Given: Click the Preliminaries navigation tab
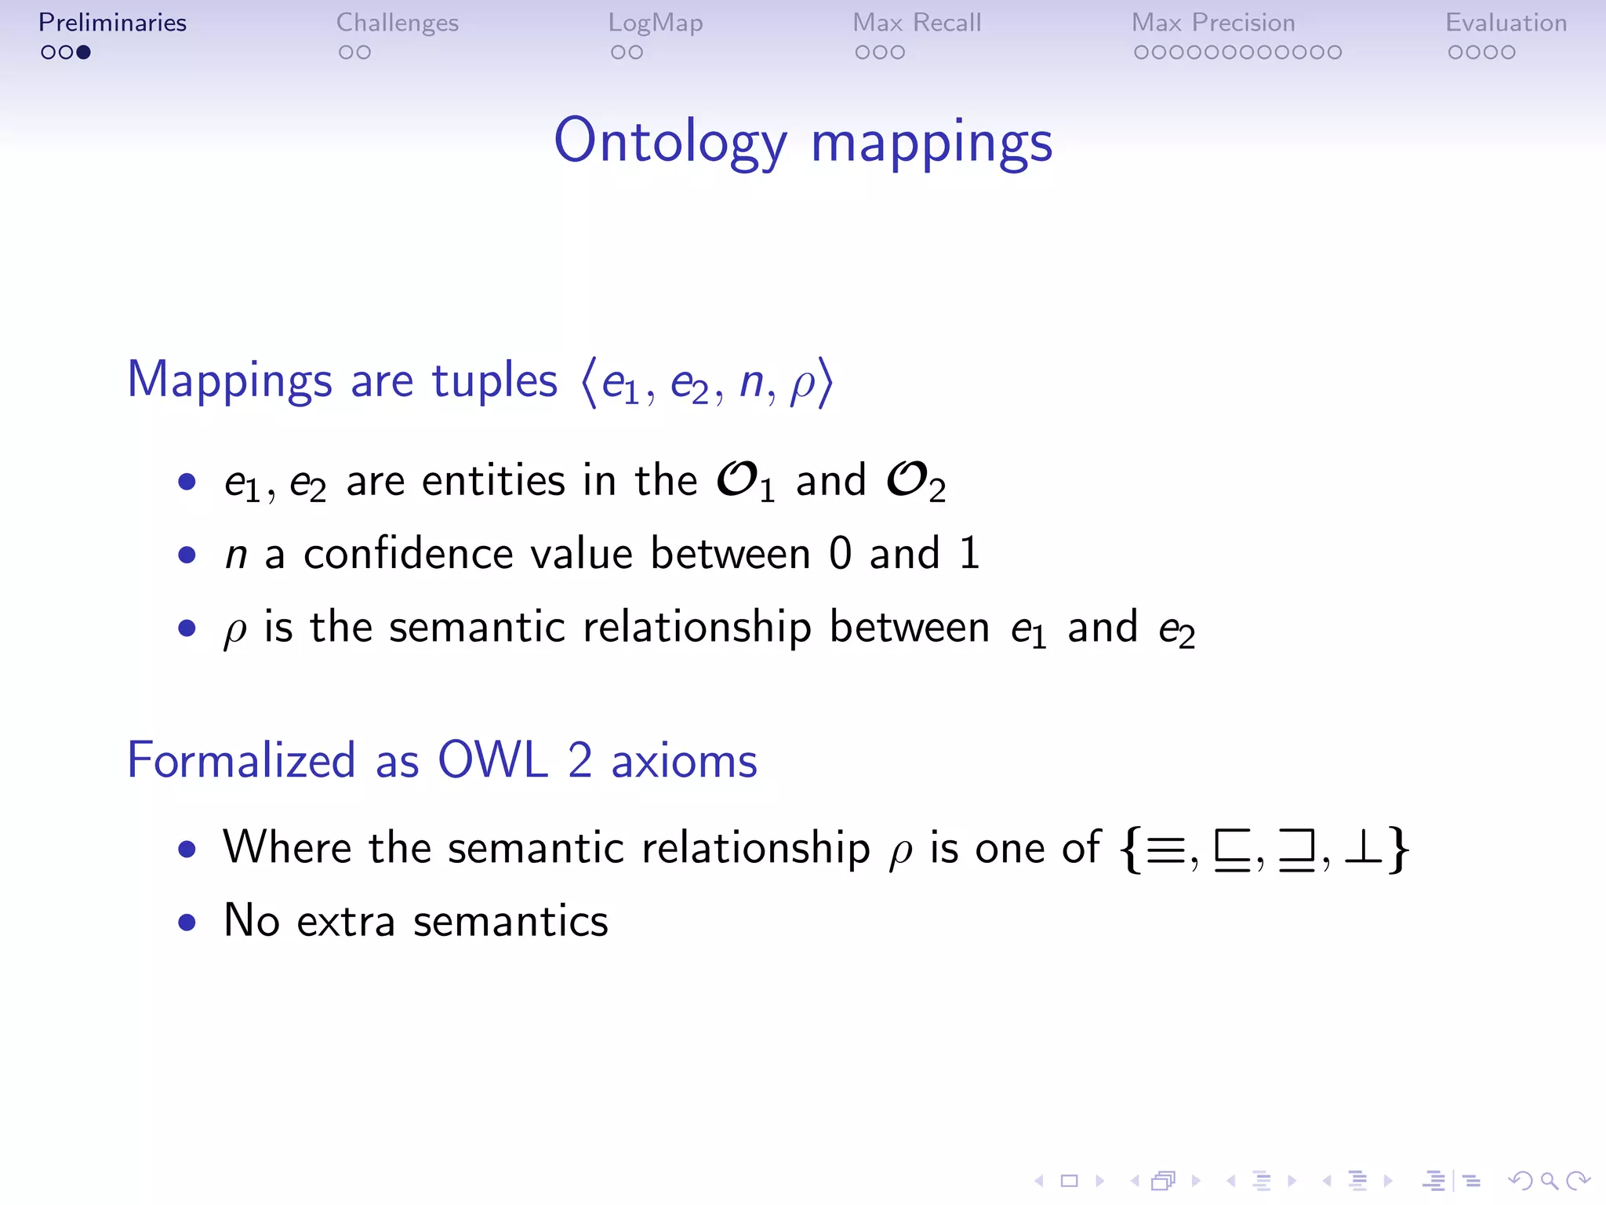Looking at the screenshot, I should pyautogui.click(x=112, y=23).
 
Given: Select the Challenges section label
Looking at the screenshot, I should pyautogui.click(x=397, y=23).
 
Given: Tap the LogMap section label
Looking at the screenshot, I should pyautogui.click(x=656, y=23).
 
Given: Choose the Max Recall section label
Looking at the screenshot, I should pyautogui.click(x=917, y=23).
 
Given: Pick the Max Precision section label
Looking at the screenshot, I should pyautogui.click(x=1213, y=23).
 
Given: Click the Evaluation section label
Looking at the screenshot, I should pyautogui.click(x=1506, y=23).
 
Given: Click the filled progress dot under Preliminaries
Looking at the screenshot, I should pyautogui.click(x=84, y=53).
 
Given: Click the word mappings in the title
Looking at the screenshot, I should pyautogui.click(x=932, y=144).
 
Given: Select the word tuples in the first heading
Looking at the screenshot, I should pyautogui.click(x=495, y=380).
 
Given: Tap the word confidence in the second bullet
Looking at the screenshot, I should pyautogui.click(x=408, y=554).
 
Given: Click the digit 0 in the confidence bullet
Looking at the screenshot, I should pyautogui.click(x=840, y=553).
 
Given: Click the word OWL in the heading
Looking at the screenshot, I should pyautogui.click(x=492, y=759).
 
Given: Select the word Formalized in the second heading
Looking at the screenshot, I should pyautogui.click(x=242, y=759).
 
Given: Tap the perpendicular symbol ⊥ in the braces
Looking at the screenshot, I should pyautogui.click(x=1363, y=849).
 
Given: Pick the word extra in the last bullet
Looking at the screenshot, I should pyautogui.click(x=346, y=921).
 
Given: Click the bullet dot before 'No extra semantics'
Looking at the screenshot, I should pyautogui.click(x=187, y=922).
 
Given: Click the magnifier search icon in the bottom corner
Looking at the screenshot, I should pyautogui.click(x=1549, y=1180).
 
